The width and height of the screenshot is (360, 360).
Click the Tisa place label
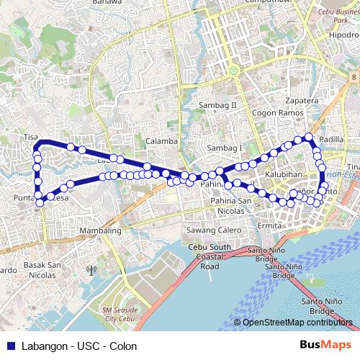30,136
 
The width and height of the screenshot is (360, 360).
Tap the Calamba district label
161,141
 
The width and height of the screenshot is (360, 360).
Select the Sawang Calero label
214,230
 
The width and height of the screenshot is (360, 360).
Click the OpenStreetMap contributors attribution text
298,323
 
